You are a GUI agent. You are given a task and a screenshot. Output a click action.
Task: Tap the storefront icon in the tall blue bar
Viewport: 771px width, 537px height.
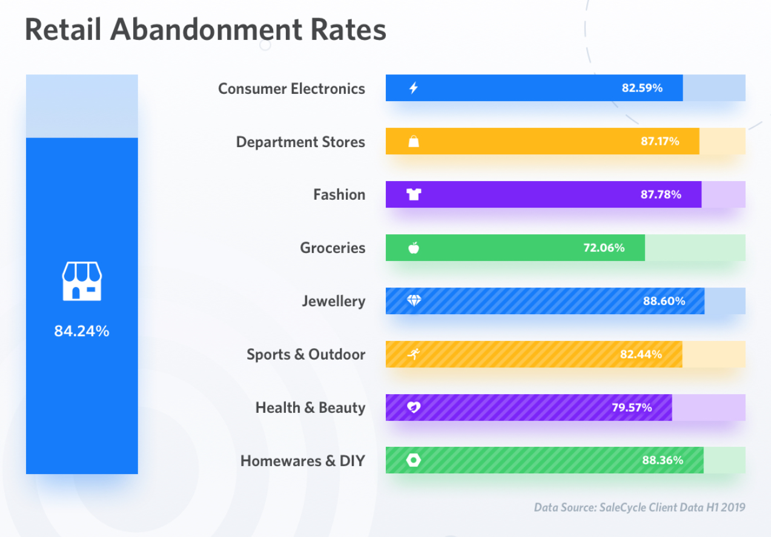point(82,282)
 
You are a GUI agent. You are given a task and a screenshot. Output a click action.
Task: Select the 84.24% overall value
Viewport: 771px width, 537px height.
point(82,331)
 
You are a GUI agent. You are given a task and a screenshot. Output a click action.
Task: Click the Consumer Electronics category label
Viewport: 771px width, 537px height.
point(291,88)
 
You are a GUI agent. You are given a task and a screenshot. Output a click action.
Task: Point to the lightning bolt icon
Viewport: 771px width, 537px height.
point(414,88)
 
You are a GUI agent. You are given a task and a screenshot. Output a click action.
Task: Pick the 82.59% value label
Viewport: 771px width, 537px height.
point(642,88)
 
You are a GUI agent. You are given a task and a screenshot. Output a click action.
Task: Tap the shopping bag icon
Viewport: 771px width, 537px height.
point(414,142)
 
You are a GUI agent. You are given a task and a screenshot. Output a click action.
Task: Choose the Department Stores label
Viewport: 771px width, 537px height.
point(300,142)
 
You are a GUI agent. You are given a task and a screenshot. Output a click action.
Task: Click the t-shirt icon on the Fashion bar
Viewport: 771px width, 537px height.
point(414,194)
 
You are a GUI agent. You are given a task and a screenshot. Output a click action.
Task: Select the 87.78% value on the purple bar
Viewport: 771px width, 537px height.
point(661,194)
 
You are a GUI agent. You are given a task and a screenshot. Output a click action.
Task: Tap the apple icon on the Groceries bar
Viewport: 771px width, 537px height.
point(414,248)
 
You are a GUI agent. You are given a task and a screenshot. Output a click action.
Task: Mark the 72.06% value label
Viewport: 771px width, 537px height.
point(604,248)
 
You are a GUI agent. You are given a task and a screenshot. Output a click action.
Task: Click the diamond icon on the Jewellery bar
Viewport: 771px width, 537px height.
point(414,301)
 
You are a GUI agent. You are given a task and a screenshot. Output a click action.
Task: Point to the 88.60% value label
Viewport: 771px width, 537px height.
point(664,301)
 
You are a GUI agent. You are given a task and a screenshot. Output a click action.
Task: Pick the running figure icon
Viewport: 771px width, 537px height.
point(414,354)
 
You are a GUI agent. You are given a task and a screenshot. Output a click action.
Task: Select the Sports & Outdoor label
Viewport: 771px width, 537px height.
point(306,354)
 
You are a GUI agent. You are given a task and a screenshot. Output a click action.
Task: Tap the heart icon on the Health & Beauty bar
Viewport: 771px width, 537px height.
point(414,407)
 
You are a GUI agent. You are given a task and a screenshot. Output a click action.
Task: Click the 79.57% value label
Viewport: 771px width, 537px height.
point(632,407)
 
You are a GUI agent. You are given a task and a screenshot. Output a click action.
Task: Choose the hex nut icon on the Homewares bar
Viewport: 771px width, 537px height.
point(414,460)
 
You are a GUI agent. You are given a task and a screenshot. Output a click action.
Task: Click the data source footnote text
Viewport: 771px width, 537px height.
point(640,507)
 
